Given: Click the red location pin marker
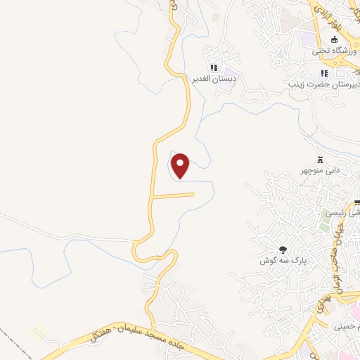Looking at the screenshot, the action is (x=181, y=166).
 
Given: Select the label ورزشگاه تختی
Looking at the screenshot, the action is (x=334, y=51).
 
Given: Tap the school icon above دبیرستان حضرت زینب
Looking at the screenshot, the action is (x=323, y=73).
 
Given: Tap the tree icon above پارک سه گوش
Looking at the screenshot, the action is (x=283, y=249).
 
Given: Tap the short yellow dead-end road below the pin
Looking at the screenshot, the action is (x=173, y=195).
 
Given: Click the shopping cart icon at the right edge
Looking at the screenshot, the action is (x=356, y=203).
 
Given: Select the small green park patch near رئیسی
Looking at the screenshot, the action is (x=325, y=225).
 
